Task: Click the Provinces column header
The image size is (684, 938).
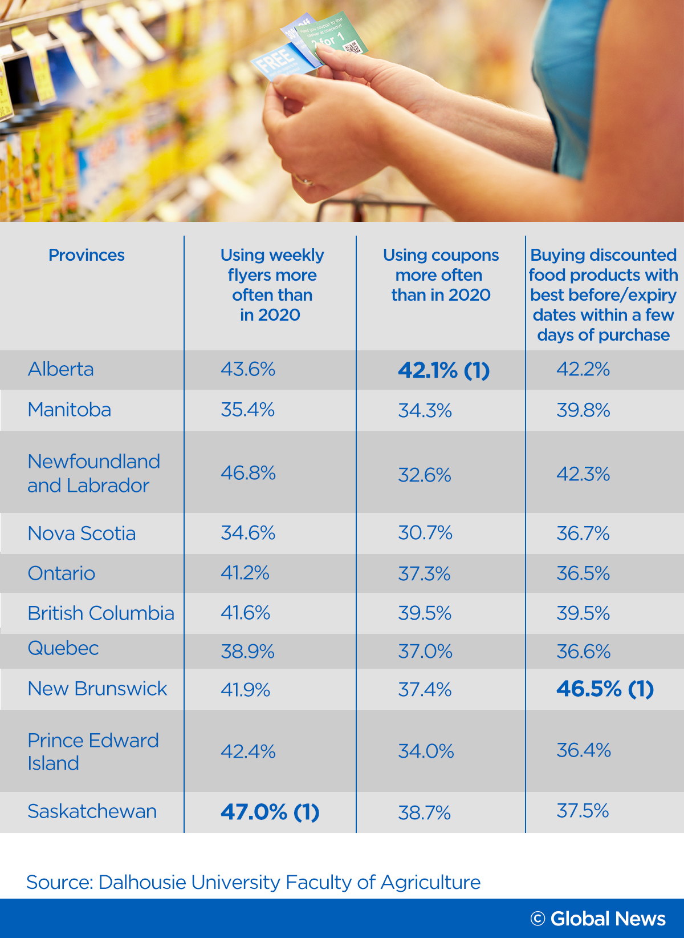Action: point(87,255)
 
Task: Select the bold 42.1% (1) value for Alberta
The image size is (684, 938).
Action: point(443,370)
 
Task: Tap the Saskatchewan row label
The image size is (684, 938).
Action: point(92,811)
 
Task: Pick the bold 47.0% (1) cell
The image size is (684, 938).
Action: point(270,812)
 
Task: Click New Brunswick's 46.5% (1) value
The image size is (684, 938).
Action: point(605,689)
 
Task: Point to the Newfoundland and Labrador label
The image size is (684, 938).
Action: point(93,473)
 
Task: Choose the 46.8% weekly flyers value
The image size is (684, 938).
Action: point(248,473)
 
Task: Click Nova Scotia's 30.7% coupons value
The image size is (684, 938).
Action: point(425,533)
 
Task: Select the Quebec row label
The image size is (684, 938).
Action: point(63,648)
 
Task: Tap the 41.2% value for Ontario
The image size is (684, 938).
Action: point(245,573)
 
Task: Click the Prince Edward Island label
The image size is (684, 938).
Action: point(93,751)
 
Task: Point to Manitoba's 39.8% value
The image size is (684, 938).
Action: point(583,410)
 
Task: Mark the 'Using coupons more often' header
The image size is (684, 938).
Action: point(441,275)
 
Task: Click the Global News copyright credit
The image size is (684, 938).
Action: point(598,919)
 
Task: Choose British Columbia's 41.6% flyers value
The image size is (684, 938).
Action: point(245,613)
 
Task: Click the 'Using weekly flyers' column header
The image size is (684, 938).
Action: point(272,285)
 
